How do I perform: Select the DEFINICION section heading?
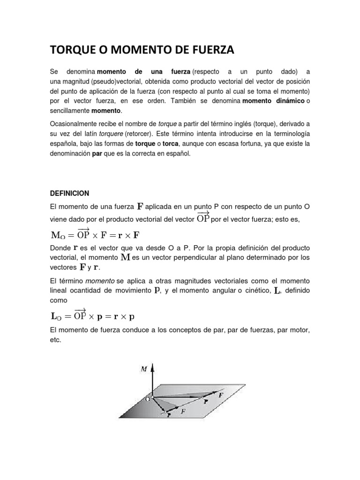(69, 193)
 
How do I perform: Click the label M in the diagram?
(144, 368)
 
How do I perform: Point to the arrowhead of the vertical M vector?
(153, 366)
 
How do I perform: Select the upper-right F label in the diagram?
(221, 395)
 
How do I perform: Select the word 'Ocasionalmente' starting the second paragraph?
(73, 123)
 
